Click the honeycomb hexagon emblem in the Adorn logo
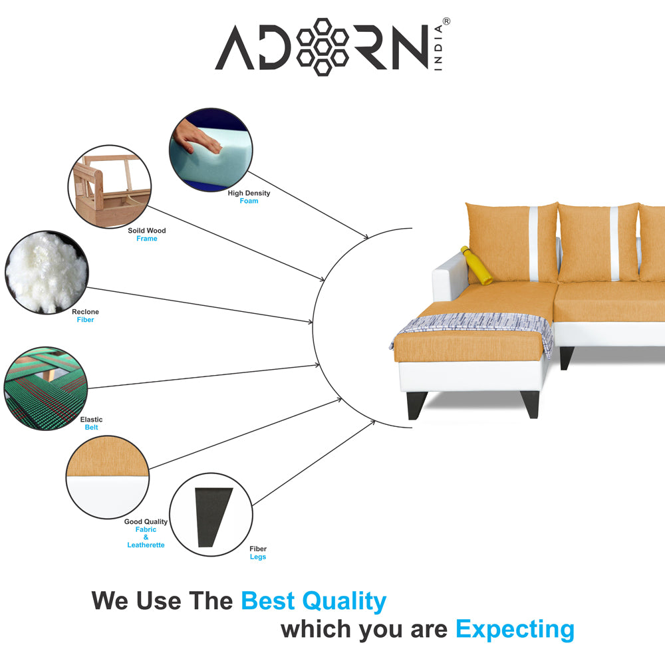click(323, 46)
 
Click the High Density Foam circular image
click(211, 150)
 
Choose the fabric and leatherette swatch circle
click(107, 476)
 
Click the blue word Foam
click(249, 201)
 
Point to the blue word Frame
click(147, 239)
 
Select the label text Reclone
click(85, 312)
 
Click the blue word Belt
click(91, 428)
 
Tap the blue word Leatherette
click(146, 545)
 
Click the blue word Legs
click(258, 557)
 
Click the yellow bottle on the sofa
click(476, 265)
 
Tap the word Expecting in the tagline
click(515, 628)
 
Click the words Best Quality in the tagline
click(313, 601)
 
